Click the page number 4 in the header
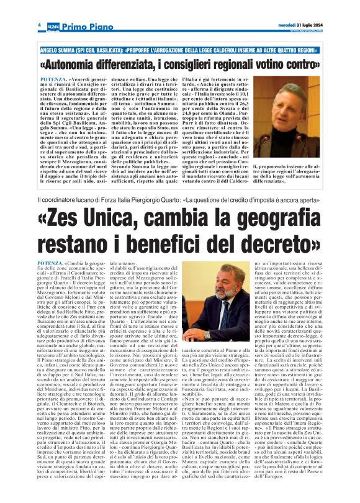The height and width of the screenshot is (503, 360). click(x=39, y=24)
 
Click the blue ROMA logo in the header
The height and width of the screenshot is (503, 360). click(x=54, y=25)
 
